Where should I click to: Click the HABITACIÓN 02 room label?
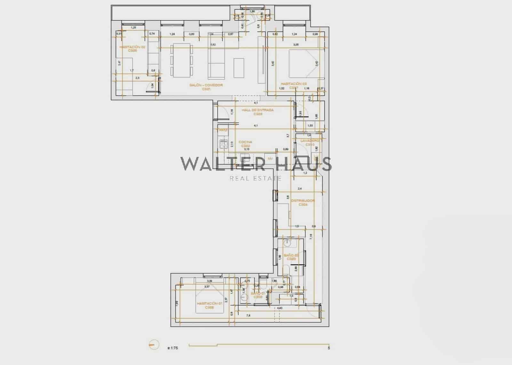(x=132, y=49)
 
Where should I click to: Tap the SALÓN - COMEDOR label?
(x=206, y=87)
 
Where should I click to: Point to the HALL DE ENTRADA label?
(x=258, y=112)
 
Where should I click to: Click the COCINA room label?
(x=245, y=144)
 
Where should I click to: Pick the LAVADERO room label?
(x=309, y=142)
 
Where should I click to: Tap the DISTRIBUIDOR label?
(x=303, y=203)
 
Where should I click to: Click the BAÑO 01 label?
(x=258, y=295)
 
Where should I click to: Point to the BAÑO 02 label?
(x=291, y=257)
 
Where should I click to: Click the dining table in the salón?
(x=182, y=60)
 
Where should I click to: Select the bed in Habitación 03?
(x=303, y=64)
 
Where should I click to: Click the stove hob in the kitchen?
(x=223, y=145)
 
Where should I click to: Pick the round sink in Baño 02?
(x=288, y=243)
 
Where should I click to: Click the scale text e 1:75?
(x=173, y=348)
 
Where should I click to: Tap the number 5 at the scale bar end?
(x=329, y=348)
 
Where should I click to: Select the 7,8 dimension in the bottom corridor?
(x=248, y=315)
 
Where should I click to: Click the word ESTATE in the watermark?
(x=266, y=178)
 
